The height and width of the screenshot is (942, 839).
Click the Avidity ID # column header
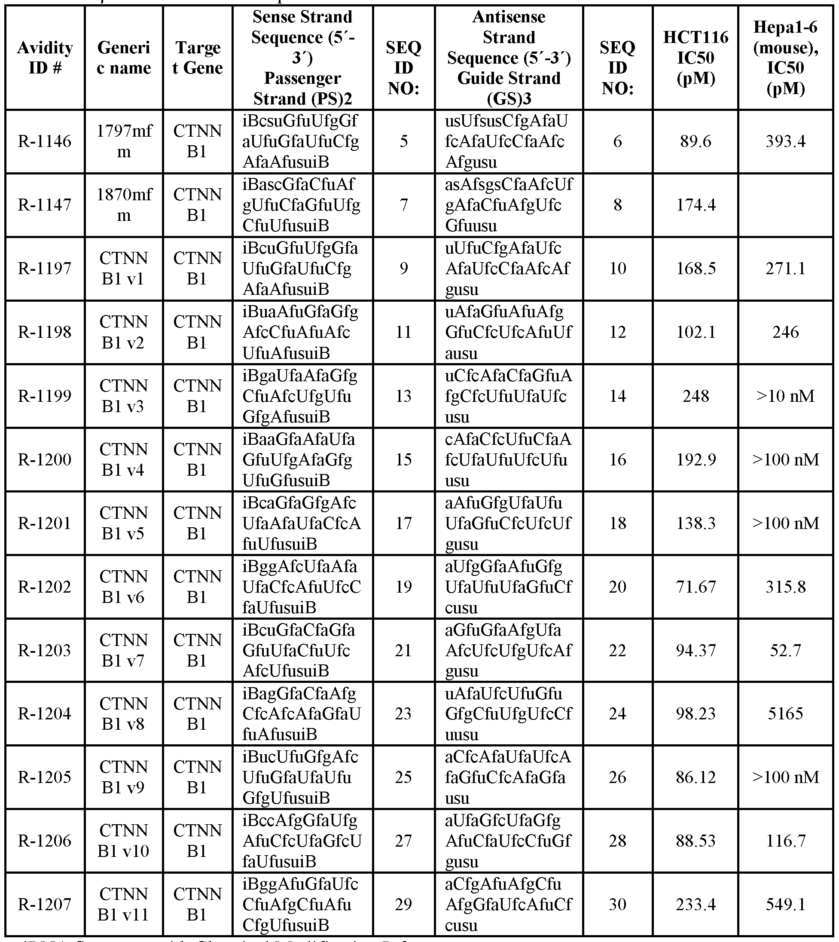pos(45,58)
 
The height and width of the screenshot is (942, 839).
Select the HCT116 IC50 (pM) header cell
pos(695,58)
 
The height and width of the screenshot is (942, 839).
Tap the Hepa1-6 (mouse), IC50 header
pos(785,58)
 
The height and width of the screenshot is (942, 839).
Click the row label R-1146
pos(45,141)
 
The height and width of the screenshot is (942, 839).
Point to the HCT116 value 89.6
pos(695,141)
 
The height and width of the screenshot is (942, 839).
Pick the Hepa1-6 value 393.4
pos(785,141)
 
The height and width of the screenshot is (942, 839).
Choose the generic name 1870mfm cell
pos(124,205)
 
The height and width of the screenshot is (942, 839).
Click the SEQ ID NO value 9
pos(403,268)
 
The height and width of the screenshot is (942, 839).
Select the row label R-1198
pos(45,332)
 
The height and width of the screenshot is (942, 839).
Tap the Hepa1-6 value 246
pos(785,332)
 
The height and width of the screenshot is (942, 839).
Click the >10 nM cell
pos(785,396)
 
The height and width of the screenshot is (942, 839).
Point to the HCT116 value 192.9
pos(695,459)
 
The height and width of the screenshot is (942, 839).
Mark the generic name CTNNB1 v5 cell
pos(124,523)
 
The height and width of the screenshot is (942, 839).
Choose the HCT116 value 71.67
pos(695,587)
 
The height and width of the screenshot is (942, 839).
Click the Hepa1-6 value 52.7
pos(785,650)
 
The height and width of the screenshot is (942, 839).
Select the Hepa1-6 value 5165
pos(785,714)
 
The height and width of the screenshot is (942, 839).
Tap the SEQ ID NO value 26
pos(617,777)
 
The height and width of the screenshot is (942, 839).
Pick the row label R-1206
pos(45,841)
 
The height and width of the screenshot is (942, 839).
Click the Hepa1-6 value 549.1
pos(785,905)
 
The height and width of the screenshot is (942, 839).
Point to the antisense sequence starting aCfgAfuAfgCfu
pos(509,905)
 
